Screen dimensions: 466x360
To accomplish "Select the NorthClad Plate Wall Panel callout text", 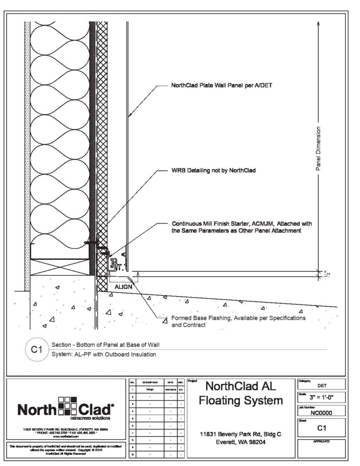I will [x=221, y=85].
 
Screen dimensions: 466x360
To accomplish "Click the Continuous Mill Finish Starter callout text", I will [x=242, y=228].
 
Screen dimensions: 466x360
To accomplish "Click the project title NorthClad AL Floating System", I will [x=240, y=394].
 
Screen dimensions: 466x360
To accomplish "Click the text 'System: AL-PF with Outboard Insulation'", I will [x=103, y=354].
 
